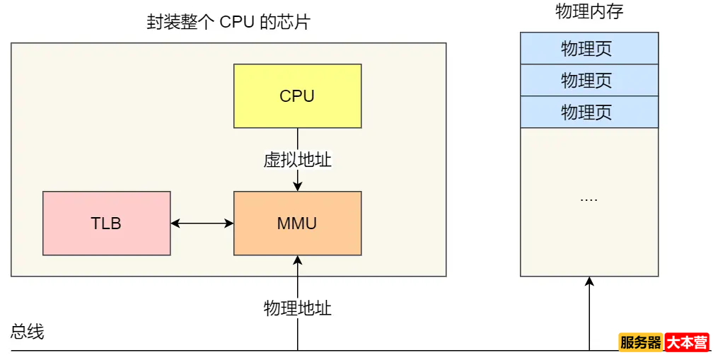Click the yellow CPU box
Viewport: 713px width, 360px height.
tap(297, 95)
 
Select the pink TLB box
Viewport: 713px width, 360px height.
tap(106, 223)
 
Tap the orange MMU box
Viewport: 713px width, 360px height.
tap(297, 223)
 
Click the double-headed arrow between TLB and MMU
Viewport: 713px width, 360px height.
tap(202, 223)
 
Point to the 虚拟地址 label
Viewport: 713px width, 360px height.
tap(297, 160)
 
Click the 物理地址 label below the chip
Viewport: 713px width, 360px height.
tap(297, 308)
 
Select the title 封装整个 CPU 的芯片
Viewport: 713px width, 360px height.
tap(228, 22)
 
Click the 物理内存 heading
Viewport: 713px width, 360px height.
tap(589, 12)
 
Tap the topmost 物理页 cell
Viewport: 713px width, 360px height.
tap(589, 48)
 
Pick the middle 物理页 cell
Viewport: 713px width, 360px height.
tap(589, 80)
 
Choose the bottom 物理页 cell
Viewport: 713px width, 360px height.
tap(589, 112)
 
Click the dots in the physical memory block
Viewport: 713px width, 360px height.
tap(589, 199)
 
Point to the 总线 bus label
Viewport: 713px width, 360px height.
tap(28, 332)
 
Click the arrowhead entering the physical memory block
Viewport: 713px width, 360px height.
tap(589, 281)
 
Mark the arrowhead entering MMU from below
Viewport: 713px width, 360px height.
tap(298, 260)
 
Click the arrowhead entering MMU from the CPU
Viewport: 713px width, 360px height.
tap(298, 186)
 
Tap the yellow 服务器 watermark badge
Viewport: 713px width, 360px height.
tap(641, 342)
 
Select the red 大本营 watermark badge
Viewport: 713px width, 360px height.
tap(687, 342)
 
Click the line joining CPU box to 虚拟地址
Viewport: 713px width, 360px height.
tap(298, 138)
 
